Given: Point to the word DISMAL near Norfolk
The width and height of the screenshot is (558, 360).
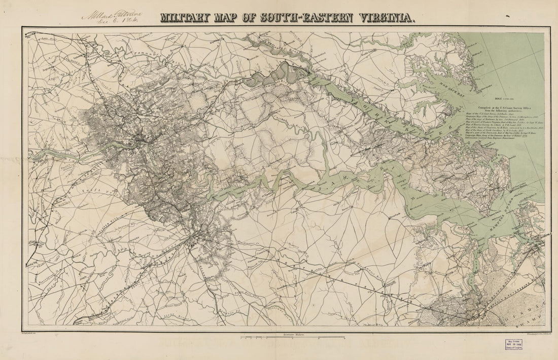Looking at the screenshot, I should click(532, 304).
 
